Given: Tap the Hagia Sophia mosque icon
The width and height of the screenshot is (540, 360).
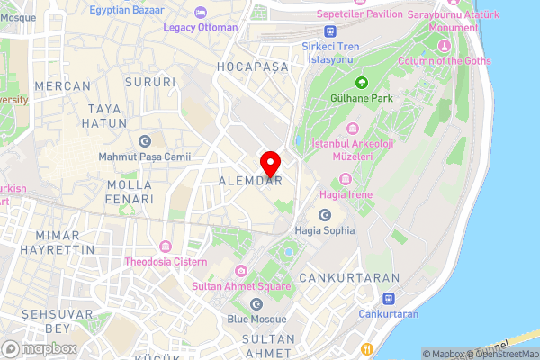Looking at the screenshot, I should point(325,215).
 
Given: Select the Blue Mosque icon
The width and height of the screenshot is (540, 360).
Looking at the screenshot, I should point(256,304).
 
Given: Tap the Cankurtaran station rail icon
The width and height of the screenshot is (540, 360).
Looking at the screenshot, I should point(388,299).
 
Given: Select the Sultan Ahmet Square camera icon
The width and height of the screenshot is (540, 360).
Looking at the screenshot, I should point(240,271).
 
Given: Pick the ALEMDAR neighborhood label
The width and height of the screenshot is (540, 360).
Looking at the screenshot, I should point(251,181).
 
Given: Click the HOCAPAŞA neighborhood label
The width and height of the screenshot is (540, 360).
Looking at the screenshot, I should point(252,67).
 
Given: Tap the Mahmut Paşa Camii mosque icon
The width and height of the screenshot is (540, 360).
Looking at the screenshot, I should point(145,140).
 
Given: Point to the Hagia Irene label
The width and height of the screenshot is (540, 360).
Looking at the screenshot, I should point(344,194).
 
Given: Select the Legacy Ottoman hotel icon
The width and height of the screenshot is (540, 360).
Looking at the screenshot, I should point(201,13).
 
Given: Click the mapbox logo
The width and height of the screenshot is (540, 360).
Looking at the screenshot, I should point(39,348).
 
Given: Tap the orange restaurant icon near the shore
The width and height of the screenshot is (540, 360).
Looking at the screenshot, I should point(366,348).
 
